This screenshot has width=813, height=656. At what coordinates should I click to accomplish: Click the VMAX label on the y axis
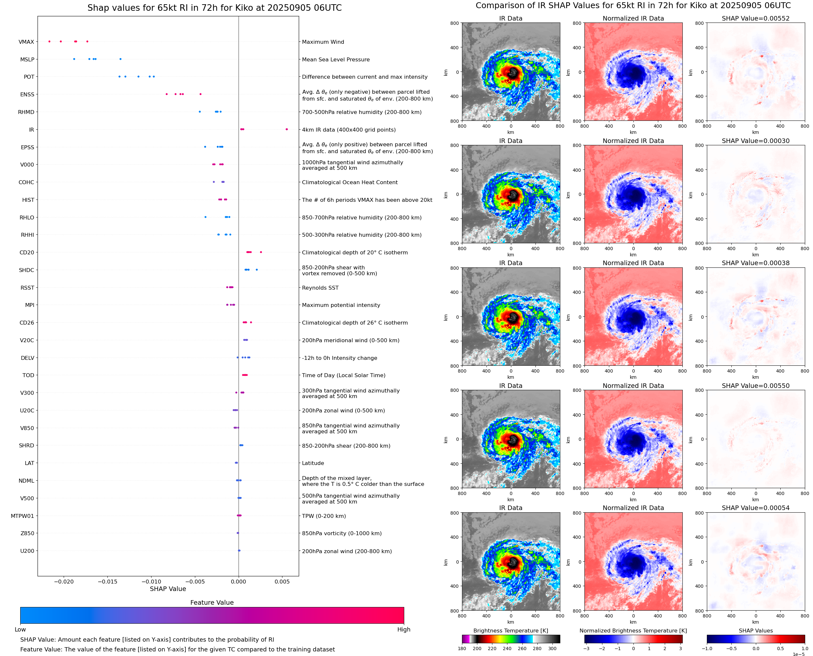pyautogui.click(x=26, y=42)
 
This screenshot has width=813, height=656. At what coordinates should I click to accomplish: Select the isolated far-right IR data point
pyautogui.click(x=287, y=129)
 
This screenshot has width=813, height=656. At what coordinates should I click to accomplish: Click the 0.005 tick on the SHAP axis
pyautogui.click(x=282, y=582)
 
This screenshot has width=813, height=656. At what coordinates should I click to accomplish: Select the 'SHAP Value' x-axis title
pyautogui.click(x=168, y=589)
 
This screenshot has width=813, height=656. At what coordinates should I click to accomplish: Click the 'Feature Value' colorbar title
pyautogui.click(x=212, y=602)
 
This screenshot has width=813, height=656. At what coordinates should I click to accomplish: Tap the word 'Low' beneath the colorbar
pyautogui.click(x=20, y=630)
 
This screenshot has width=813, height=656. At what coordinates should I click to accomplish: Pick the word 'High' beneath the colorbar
pyautogui.click(x=404, y=630)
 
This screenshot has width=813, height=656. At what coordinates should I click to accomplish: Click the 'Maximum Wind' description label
pyautogui.click(x=323, y=42)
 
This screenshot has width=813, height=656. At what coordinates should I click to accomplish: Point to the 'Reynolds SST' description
pyautogui.click(x=320, y=288)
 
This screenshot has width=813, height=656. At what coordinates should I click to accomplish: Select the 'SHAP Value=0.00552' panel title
pyautogui.click(x=756, y=18)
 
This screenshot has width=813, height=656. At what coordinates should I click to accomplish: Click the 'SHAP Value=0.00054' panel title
pyautogui.click(x=756, y=508)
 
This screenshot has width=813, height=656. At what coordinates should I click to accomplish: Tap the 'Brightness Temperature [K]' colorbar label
pyautogui.click(x=510, y=631)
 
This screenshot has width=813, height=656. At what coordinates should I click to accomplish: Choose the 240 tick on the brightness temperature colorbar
pyautogui.click(x=507, y=648)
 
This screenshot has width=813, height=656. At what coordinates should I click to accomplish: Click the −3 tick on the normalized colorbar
pyautogui.click(x=586, y=648)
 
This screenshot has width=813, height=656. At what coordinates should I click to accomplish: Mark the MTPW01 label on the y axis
pyautogui.click(x=22, y=516)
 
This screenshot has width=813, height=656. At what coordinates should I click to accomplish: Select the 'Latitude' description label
pyautogui.click(x=313, y=463)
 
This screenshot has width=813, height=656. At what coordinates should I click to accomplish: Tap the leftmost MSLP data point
pyautogui.click(x=74, y=59)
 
